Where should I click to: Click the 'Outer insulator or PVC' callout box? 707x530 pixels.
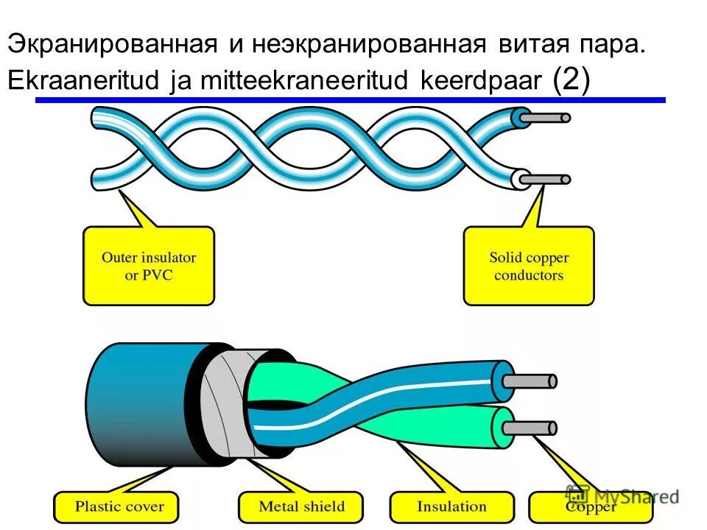click(149, 266)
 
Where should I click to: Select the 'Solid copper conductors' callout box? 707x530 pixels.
click(528, 266)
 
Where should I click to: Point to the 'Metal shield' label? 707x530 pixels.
click(300, 507)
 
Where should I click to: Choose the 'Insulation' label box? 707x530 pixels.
click(451, 507)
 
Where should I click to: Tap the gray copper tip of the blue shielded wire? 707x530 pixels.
click(535, 381)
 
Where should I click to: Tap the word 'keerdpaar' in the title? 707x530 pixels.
click(482, 82)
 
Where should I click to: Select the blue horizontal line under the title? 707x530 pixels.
click(350, 99)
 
